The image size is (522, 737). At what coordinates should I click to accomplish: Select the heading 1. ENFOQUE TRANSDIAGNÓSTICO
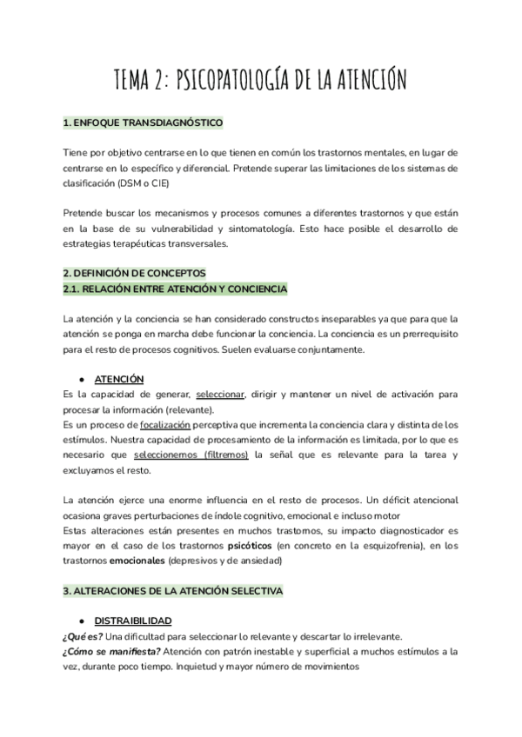[x=144, y=123]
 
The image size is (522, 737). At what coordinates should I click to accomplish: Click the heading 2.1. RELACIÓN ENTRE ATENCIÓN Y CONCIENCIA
[x=175, y=288]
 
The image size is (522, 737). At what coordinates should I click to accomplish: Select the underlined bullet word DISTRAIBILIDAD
[x=132, y=621]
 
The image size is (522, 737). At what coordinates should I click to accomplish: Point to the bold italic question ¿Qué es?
[x=83, y=636]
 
